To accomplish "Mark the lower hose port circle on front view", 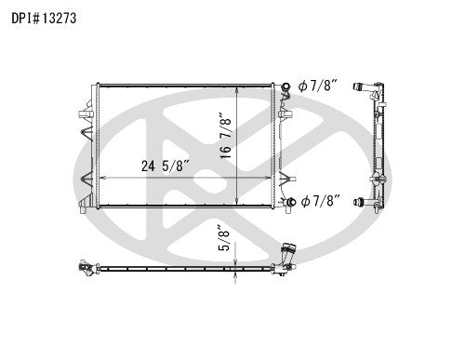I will coord(290,202).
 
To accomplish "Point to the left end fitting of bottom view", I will coord(86,270).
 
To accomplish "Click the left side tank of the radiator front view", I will coord(92,144).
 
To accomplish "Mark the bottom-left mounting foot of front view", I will coord(86,207).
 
